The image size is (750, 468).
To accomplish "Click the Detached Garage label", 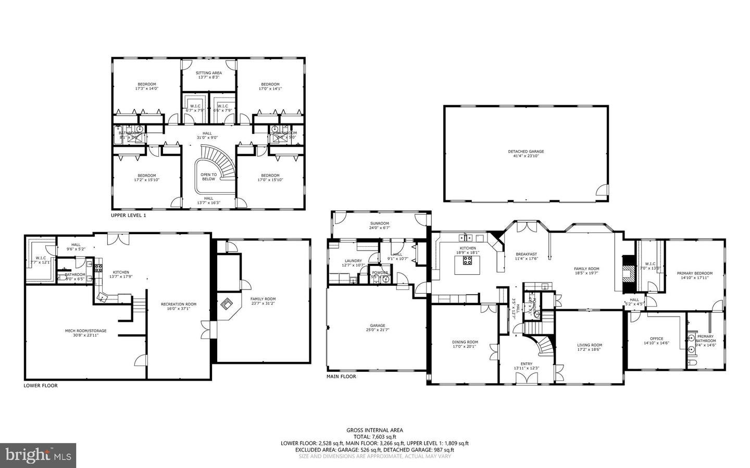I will [526, 151].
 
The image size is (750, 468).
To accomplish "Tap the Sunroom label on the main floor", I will [380, 223].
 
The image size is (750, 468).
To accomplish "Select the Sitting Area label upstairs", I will [209, 73].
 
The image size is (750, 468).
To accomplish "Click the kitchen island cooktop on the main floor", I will [467, 261].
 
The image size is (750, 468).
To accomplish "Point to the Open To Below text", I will [208, 176].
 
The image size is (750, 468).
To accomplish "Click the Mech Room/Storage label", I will [78, 330].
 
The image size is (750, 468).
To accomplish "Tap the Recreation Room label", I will [179, 304].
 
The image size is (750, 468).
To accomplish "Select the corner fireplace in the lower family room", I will [227, 303].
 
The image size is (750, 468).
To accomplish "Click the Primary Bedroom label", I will [694, 273].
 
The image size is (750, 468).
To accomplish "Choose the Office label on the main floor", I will [656, 338].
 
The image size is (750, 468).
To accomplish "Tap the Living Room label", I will [589, 345].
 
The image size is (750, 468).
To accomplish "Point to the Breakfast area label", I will [526, 254].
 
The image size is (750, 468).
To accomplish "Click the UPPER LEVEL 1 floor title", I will [128, 214].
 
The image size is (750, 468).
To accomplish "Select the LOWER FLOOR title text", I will [41, 386].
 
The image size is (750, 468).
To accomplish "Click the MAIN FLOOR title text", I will [341, 376].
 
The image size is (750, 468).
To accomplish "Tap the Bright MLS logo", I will [38, 456].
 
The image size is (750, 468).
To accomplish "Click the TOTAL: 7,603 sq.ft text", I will [374, 437].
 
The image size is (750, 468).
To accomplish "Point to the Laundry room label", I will [353, 261].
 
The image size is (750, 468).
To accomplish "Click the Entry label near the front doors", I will [527, 364].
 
